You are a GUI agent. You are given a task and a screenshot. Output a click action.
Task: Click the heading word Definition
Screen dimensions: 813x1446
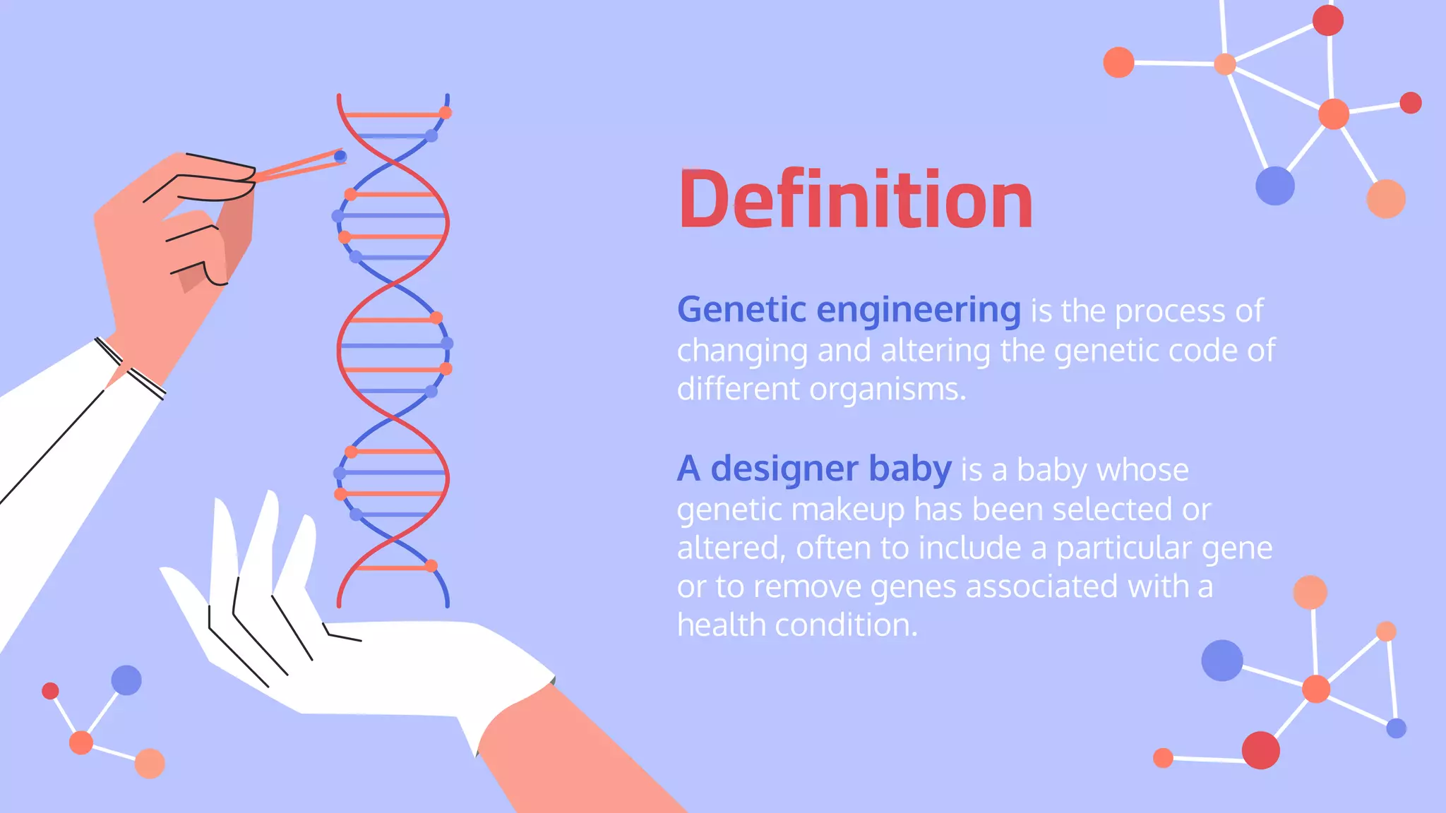(x=855, y=200)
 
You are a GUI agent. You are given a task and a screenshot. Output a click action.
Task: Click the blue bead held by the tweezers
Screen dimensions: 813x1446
(x=340, y=155)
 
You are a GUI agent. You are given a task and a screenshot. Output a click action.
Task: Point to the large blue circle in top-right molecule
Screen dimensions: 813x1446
(x=1274, y=186)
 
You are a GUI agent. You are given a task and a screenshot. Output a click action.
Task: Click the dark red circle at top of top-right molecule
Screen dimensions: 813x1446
(x=1327, y=20)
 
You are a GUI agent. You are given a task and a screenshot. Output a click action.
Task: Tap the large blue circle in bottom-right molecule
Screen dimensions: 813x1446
(x=1221, y=661)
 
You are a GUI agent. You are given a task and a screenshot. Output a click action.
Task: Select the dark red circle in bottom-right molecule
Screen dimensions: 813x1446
(x=1260, y=750)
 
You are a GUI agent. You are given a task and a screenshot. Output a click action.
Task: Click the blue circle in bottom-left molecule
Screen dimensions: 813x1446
(x=126, y=680)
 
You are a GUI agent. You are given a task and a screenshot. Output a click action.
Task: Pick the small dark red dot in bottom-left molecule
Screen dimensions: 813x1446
(x=50, y=690)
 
